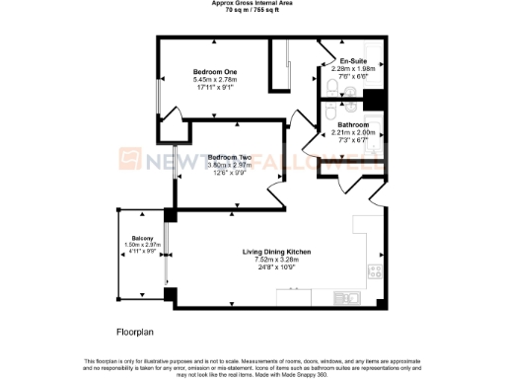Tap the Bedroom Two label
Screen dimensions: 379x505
click(227, 156)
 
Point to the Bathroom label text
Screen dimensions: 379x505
click(353, 125)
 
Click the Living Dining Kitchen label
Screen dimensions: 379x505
click(277, 253)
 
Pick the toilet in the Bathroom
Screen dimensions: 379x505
click(328, 115)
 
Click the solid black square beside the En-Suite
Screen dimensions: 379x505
click(374, 99)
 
